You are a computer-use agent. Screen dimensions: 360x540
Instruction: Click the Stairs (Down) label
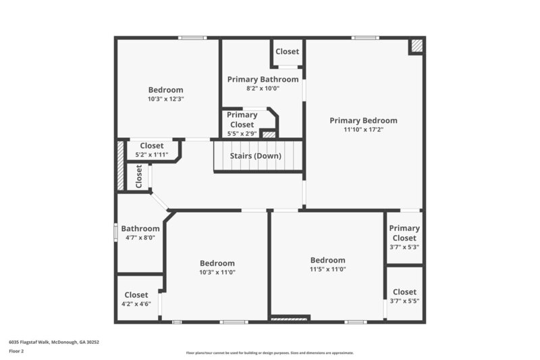tap(256, 156)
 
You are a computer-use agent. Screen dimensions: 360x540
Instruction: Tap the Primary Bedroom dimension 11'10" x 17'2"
tap(363, 130)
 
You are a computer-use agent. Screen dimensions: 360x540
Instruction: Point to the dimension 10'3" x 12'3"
tap(165, 99)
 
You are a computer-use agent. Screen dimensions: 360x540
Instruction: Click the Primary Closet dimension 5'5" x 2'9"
tap(242, 134)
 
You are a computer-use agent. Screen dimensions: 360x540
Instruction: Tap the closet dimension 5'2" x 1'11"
tap(151, 155)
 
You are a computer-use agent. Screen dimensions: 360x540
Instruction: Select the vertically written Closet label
tap(139, 177)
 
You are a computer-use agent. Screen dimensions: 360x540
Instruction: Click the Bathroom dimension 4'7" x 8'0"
tap(140, 238)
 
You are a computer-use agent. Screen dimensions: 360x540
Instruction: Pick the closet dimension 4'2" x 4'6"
tap(136, 304)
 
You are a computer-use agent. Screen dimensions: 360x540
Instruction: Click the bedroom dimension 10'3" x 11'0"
tap(217, 272)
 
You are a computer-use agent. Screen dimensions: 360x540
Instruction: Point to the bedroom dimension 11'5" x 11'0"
tap(327, 269)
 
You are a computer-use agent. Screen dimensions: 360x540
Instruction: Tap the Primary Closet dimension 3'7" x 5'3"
tap(404, 247)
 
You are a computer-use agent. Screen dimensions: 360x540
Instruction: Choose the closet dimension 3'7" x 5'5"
tap(404, 301)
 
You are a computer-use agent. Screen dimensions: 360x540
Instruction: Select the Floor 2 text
tap(17, 351)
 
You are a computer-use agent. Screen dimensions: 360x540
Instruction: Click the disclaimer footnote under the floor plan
tap(269, 353)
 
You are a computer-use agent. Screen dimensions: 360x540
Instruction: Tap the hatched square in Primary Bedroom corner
tap(417, 46)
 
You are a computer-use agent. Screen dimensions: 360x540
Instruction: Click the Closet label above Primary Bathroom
tap(287, 51)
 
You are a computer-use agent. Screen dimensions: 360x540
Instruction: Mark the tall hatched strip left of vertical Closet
tap(121, 165)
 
